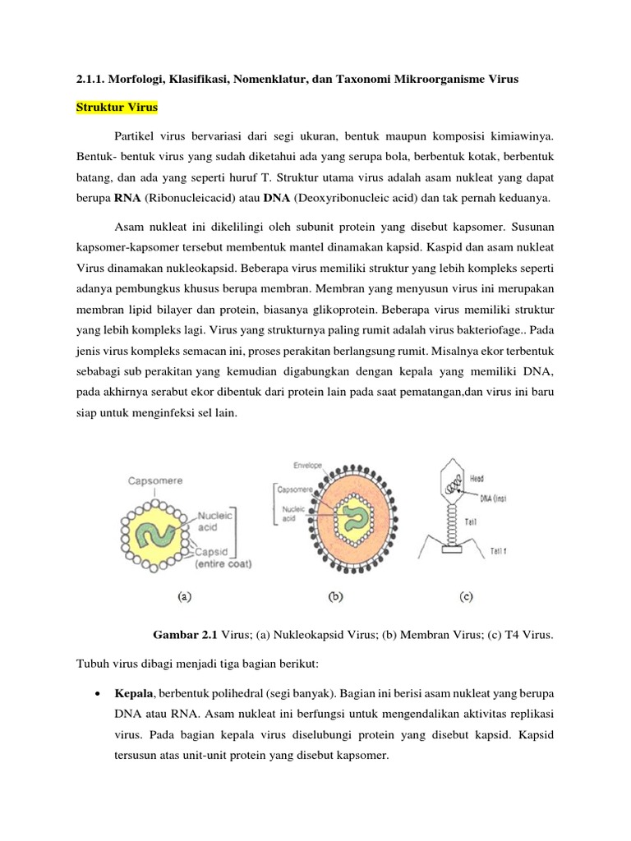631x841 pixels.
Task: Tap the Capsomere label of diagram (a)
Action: [x=154, y=481]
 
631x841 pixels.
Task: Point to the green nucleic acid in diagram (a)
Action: [x=156, y=529]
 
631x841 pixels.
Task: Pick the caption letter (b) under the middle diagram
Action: [x=335, y=598]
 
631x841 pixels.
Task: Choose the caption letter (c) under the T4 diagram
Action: [x=465, y=598]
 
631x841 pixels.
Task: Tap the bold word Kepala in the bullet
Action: [x=133, y=695]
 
